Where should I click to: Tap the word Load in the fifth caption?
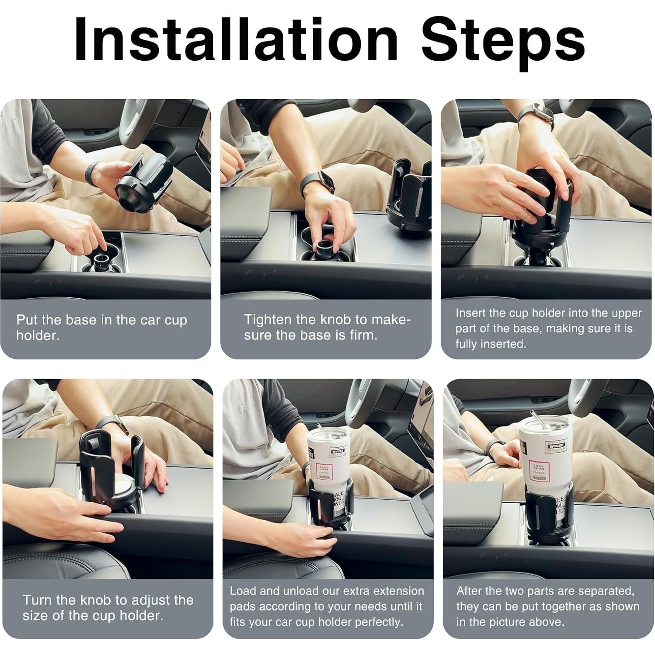[243, 591]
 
